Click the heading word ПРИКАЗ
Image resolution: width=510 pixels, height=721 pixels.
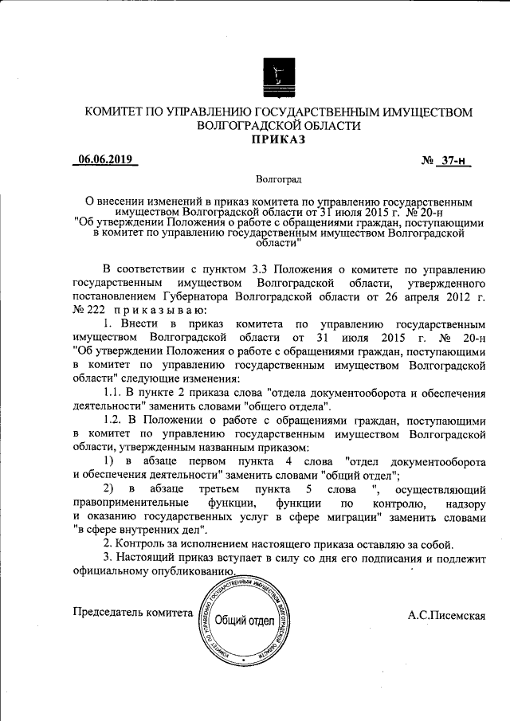point(278,140)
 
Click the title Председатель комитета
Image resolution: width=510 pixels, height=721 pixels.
point(132,613)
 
